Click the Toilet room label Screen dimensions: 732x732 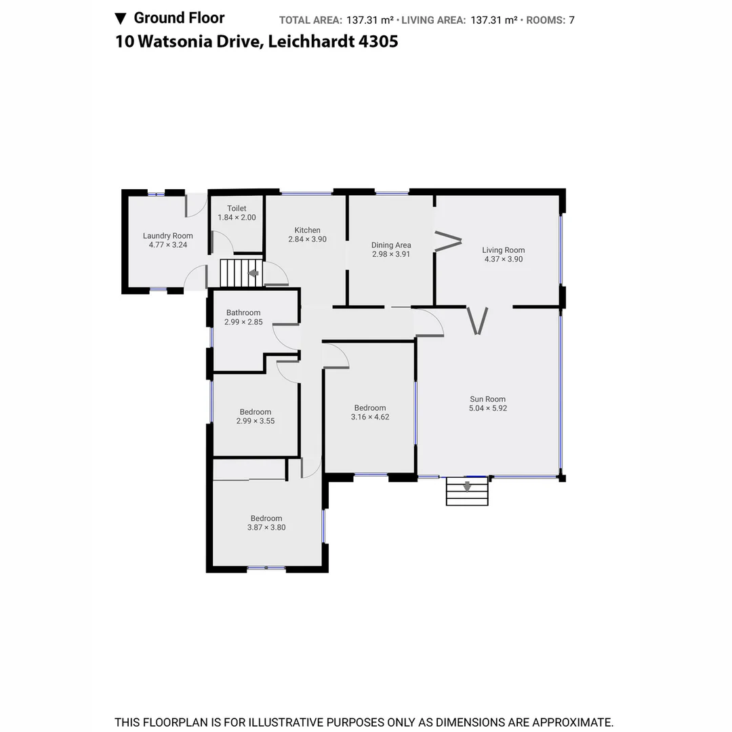pos(237,209)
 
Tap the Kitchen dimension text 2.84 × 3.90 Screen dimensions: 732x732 pos(307,239)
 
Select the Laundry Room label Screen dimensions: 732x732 pos(168,236)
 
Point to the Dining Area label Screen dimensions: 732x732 pos(391,245)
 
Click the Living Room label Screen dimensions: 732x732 pos(503,250)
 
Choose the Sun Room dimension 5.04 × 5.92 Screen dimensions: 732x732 pos(488,408)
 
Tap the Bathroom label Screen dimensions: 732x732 pos(243,313)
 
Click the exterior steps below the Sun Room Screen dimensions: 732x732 pos(467,491)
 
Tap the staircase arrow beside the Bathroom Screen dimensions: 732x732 pos(253,273)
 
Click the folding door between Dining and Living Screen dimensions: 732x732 pos(448,241)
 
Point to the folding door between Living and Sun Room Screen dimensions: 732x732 pos(477,321)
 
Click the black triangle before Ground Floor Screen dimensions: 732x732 pos(121,18)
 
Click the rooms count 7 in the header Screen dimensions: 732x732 pos(571,20)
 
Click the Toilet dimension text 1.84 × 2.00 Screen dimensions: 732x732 pos(237,218)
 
